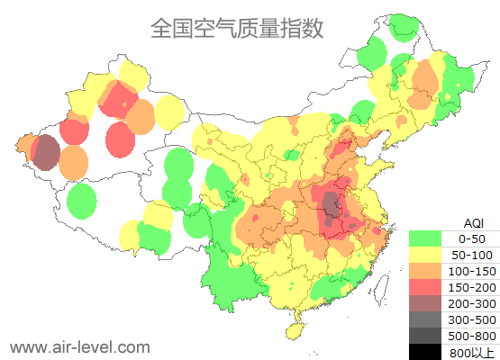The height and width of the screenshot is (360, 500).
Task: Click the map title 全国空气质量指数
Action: pyautogui.click(x=237, y=29)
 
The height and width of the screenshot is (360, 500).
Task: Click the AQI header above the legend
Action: pyautogui.click(x=472, y=222)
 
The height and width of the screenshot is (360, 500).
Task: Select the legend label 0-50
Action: pyautogui.click(x=472, y=238)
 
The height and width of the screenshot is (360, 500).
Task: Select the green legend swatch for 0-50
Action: pyautogui.click(x=425, y=238)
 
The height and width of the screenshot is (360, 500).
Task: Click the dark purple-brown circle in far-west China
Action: pyautogui.click(x=46, y=152)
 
